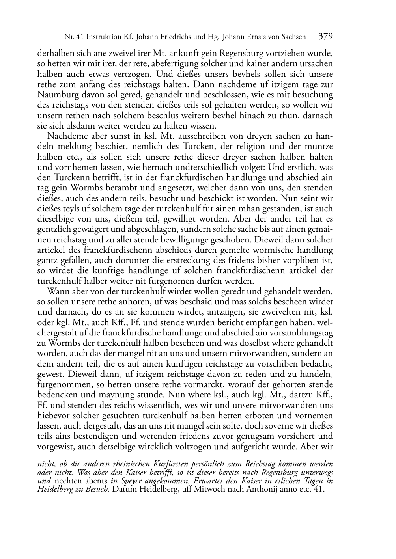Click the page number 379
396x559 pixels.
pos(326,37)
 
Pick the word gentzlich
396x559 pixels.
pos(53,229)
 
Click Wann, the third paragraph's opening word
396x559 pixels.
pos(57,291)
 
